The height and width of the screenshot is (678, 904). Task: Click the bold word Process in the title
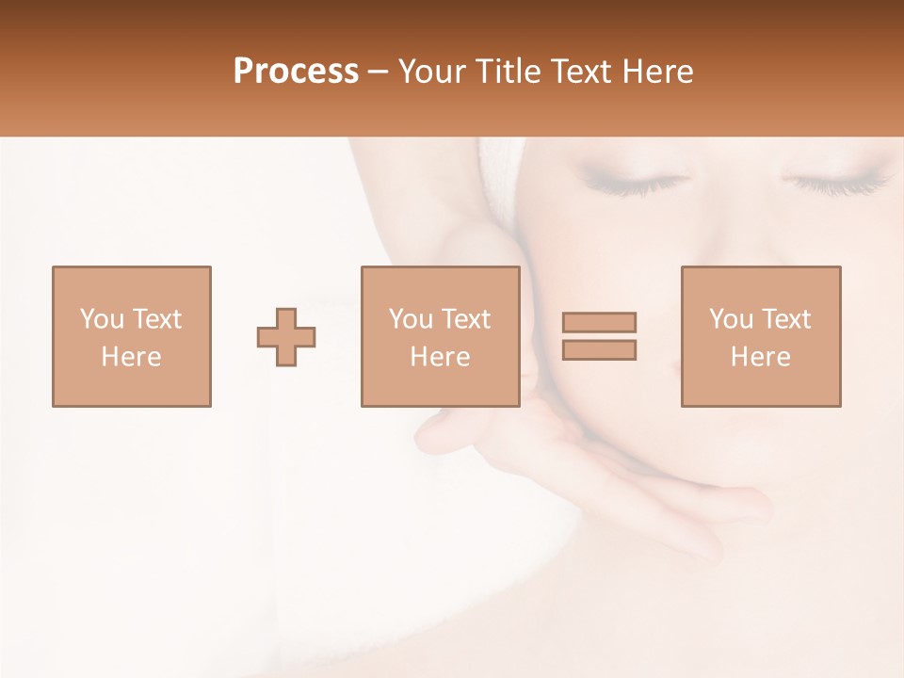pos(296,72)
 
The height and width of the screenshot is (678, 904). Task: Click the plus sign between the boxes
pos(286,337)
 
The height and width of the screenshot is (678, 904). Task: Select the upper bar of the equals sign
pos(599,322)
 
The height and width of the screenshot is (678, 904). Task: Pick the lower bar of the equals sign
pos(599,350)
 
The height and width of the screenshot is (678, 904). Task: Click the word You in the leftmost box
pos(102,319)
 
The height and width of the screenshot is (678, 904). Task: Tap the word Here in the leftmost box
pos(131,357)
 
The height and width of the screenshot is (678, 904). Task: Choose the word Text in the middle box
pos(465,319)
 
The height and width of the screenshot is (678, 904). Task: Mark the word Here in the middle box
pos(440,357)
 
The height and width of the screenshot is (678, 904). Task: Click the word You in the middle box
pos(411,319)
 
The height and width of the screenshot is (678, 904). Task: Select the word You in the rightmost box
pos(731,319)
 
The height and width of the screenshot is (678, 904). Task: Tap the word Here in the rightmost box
pos(760,357)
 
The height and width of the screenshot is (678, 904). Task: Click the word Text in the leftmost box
pos(156,319)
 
